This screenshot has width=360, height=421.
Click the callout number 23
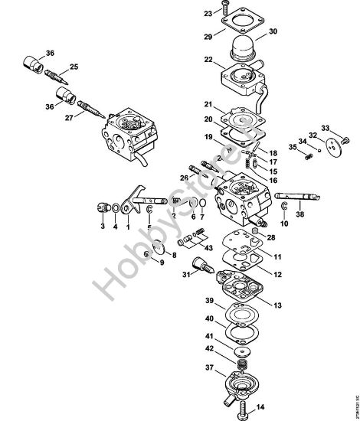coord(187,14)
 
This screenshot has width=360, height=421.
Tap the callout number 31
coord(162,275)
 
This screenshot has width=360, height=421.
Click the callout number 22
coord(186,60)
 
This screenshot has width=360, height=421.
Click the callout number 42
coord(187,348)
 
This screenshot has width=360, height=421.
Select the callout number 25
coord(74,67)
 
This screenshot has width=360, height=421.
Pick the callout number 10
coord(285,225)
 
